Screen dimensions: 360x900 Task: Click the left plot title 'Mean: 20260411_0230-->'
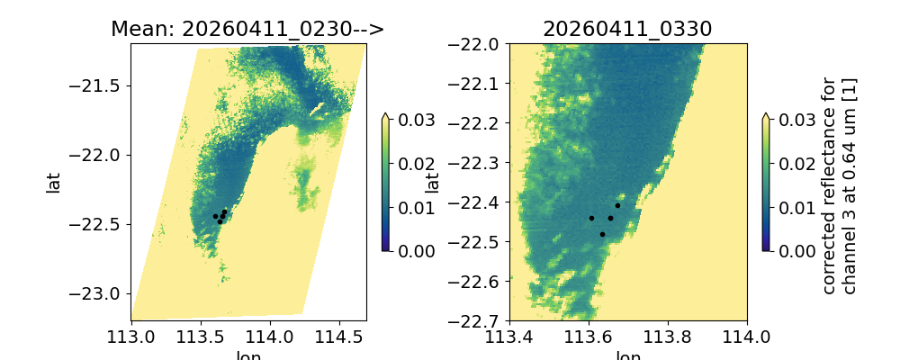point(247,29)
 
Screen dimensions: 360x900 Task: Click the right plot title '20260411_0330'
point(627,29)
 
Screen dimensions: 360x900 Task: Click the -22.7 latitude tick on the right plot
point(479,320)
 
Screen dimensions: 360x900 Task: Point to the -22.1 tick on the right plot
point(479,84)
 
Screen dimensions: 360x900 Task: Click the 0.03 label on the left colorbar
point(412,120)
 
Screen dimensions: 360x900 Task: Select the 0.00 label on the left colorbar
point(412,250)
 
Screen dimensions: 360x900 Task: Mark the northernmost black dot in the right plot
point(617,205)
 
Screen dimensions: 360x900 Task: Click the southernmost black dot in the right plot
point(602,234)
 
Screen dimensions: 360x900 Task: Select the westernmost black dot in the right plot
point(591,218)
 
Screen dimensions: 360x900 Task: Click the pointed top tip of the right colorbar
point(766,114)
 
